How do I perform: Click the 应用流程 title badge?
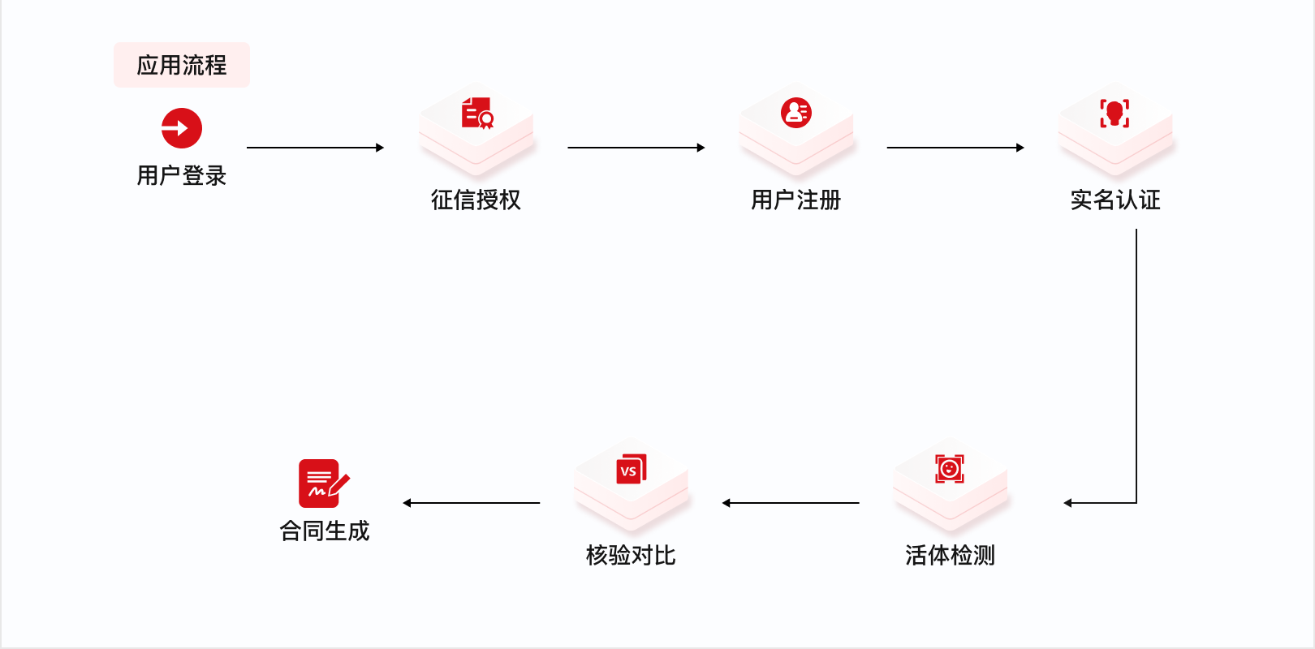tap(181, 65)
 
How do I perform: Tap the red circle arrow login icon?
tap(181, 128)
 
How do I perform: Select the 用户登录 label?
tap(181, 175)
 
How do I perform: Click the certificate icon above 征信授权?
tap(477, 114)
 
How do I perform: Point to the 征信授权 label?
tap(476, 200)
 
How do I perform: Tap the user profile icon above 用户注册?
tap(796, 113)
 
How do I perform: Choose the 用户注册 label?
tap(796, 200)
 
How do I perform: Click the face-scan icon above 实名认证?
tap(1115, 114)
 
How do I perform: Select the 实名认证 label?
tap(1115, 200)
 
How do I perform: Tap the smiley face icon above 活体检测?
tap(949, 469)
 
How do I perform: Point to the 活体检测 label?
tap(950, 555)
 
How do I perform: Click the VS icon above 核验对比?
tap(631, 469)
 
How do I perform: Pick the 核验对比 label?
tap(631, 555)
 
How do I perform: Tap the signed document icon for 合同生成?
tap(323, 484)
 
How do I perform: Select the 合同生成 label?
tap(324, 531)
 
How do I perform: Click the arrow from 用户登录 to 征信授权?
tap(315, 148)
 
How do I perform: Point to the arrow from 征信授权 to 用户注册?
tap(636, 148)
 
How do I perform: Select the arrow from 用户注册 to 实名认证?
tap(955, 148)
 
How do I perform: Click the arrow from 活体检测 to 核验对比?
tap(791, 503)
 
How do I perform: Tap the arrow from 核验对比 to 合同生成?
tap(472, 503)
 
